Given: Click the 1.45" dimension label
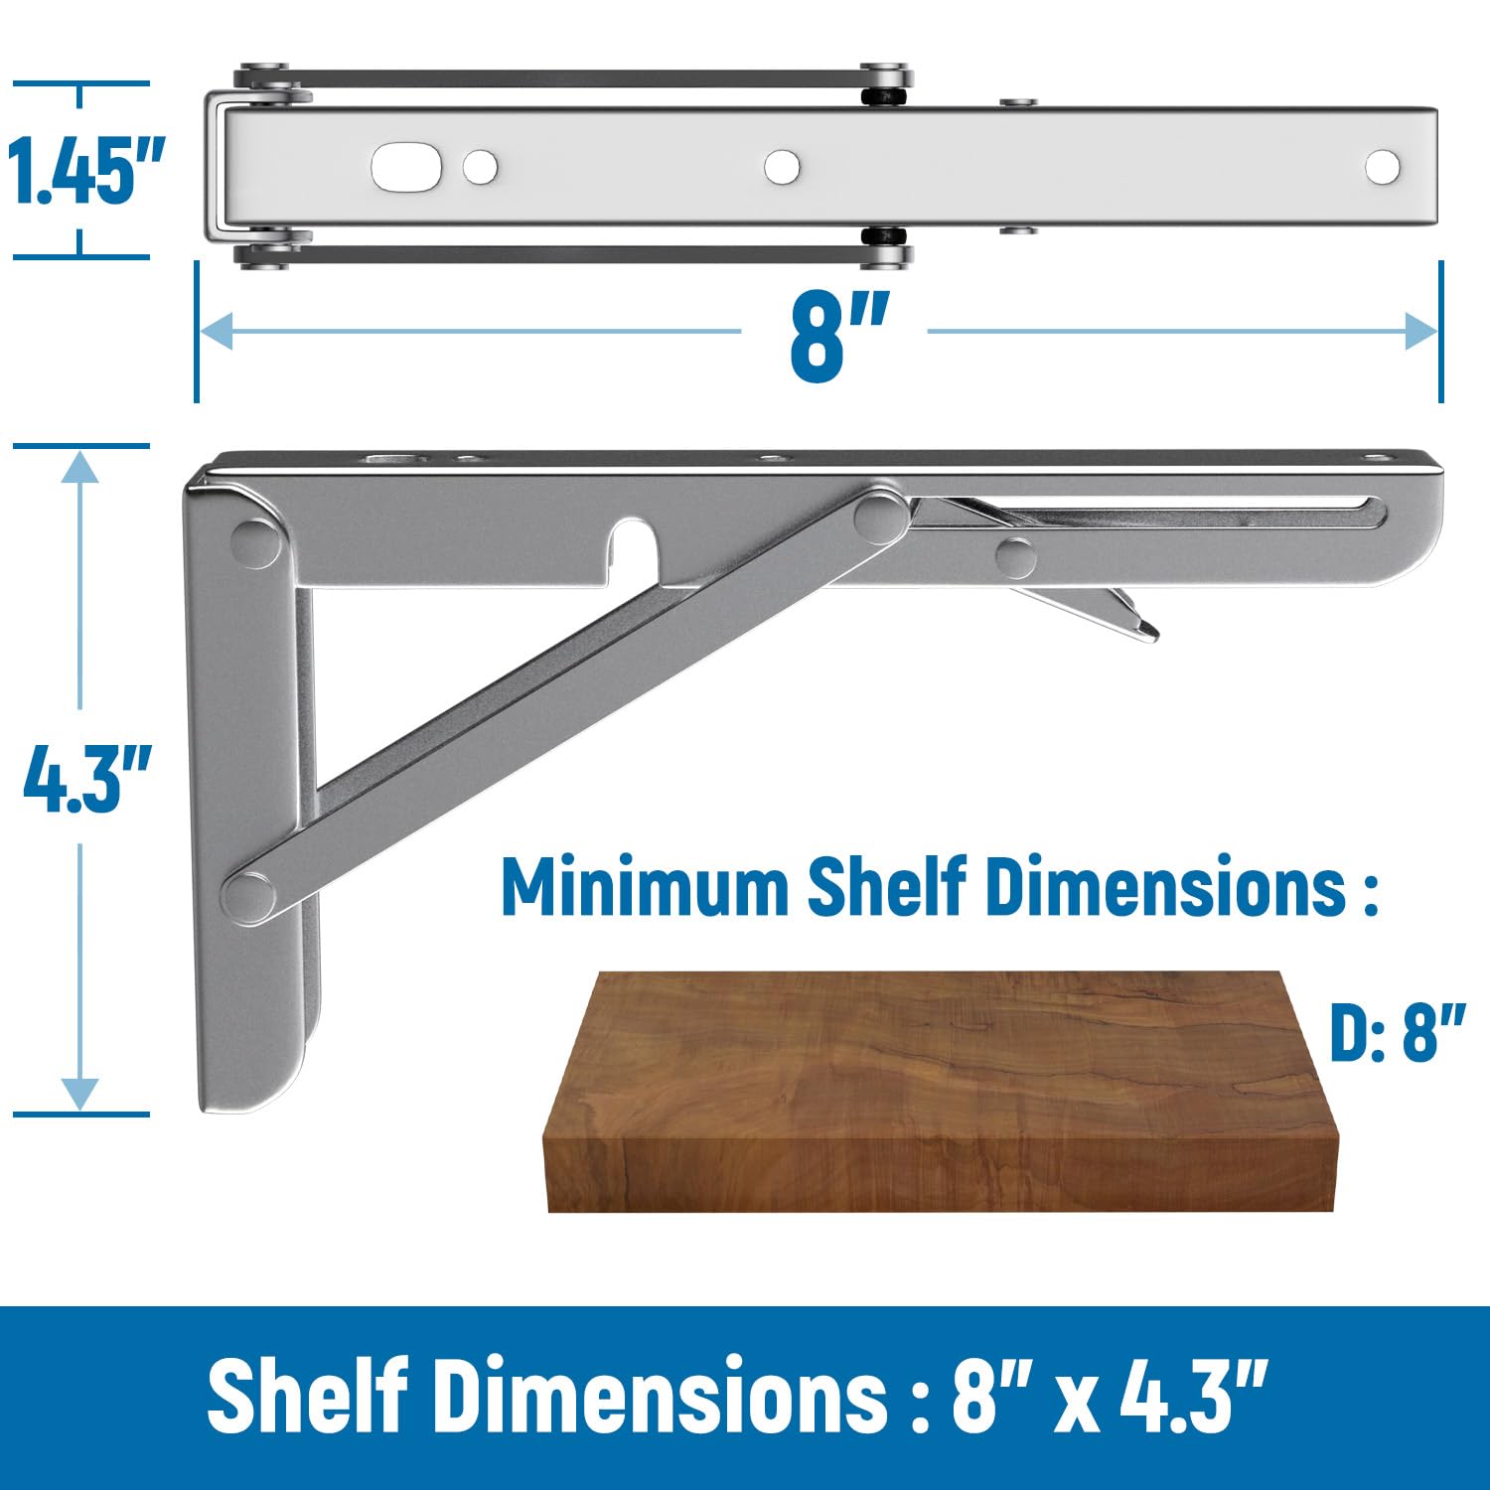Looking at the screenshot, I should [85, 171].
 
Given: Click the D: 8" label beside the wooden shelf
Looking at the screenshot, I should [1397, 1032].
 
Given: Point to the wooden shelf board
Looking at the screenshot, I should [939, 1093].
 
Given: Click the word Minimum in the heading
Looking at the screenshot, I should [645, 887].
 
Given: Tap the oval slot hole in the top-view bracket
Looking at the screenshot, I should [406, 168].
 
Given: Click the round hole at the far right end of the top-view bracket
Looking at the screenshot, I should [1382, 168].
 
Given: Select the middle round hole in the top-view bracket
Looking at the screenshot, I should [782, 167].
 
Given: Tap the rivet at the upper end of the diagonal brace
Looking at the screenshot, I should [880, 516].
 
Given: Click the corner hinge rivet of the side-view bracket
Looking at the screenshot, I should [255, 542].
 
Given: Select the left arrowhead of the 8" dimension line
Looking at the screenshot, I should [215, 331].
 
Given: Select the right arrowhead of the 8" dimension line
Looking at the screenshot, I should [1422, 331].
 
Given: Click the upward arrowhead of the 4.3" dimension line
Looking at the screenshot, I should [79, 467].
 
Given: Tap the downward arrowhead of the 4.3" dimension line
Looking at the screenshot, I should [79, 1094].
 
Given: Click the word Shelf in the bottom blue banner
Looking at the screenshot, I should [307, 1396].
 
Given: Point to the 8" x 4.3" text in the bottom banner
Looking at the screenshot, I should [1109, 1396].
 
